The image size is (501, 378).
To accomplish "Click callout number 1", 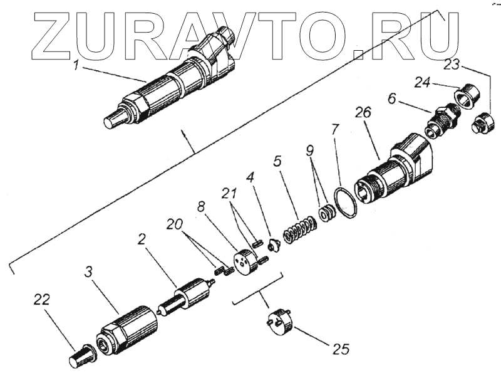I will (x=76, y=65).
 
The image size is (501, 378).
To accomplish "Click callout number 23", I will (x=452, y=64).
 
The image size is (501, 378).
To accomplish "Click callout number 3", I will (x=89, y=273).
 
